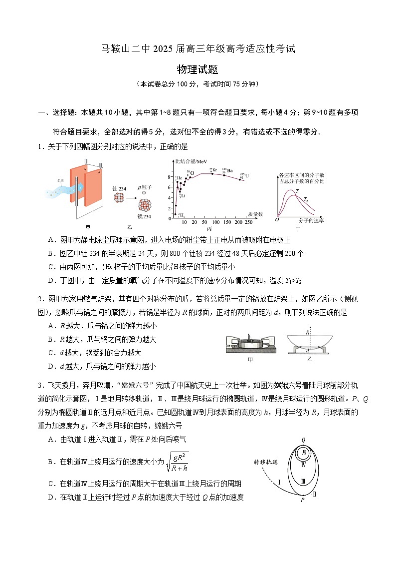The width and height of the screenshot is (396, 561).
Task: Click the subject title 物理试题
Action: point(198,70)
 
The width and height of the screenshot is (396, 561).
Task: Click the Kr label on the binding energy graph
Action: point(214,170)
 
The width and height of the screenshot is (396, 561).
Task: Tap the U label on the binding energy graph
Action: point(246,175)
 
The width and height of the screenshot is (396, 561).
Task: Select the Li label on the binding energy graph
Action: point(183,195)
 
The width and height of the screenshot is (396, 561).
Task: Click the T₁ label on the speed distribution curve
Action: point(298,192)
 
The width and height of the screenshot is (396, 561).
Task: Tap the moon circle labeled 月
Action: point(303,454)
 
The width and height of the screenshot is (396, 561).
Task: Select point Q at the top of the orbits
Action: point(303,440)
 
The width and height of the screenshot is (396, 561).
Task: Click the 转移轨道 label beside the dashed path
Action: point(266,462)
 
